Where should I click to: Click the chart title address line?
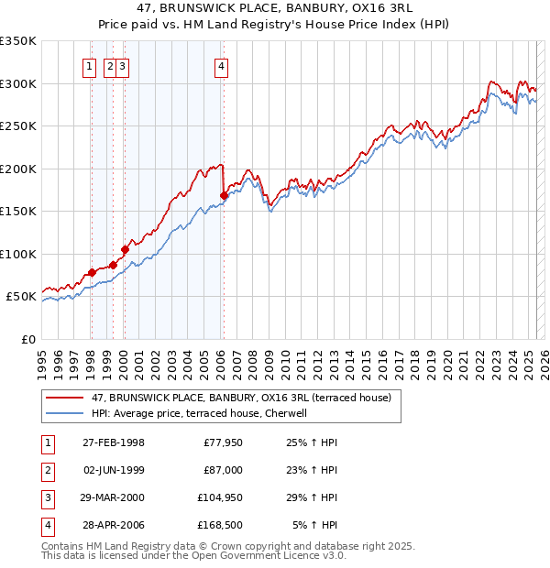tap(274, 8)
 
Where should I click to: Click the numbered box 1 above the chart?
tap(90, 65)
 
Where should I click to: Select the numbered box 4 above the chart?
tap(223, 65)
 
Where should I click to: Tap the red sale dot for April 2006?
tap(225, 195)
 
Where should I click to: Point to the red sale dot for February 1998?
tap(92, 273)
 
